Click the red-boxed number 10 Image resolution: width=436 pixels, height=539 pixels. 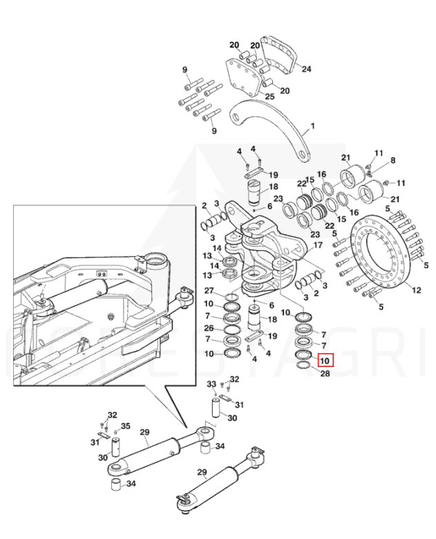click(x=325, y=361)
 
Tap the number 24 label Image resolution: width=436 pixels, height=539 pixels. click(x=306, y=69)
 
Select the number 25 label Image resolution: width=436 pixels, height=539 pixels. click(x=269, y=97)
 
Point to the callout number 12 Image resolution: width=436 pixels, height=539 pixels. click(x=417, y=290)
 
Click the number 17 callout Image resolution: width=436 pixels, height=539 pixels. click(x=318, y=245)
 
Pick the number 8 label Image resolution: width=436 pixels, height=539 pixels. click(x=392, y=160)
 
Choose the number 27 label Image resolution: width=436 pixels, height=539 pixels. click(x=209, y=290)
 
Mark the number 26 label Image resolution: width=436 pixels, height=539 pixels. click(x=209, y=328)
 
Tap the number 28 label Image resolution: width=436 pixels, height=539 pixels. click(x=325, y=373)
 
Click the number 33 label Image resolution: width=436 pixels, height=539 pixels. click(x=211, y=384)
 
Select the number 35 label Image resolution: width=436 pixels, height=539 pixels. click(x=126, y=426)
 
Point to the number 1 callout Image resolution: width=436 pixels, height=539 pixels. click(x=312, y=126)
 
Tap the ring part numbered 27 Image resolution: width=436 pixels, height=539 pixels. click(x=231, y=296)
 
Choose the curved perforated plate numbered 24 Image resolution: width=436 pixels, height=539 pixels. click(x=279, y=57)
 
